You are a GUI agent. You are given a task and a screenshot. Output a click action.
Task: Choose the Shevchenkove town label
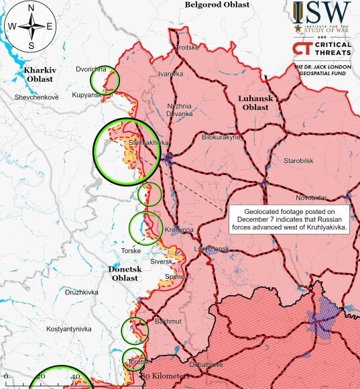click(37, 97)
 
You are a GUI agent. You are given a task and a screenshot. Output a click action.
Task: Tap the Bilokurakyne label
click(221, 137)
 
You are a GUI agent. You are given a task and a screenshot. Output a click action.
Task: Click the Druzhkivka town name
click(82, 292)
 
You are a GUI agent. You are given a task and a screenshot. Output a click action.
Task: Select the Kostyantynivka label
click(68, 329)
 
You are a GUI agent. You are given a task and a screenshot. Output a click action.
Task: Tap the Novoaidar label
click(311, 197)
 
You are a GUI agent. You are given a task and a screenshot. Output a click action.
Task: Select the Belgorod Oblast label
click(217, 5)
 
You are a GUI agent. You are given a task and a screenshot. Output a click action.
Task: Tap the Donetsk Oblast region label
click(125, 273)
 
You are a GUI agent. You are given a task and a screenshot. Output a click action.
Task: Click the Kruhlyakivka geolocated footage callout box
click(290, 219)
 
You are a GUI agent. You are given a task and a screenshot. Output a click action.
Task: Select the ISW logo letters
click(322, 12)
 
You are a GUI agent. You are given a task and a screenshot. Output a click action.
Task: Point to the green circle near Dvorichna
click(105, 80)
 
